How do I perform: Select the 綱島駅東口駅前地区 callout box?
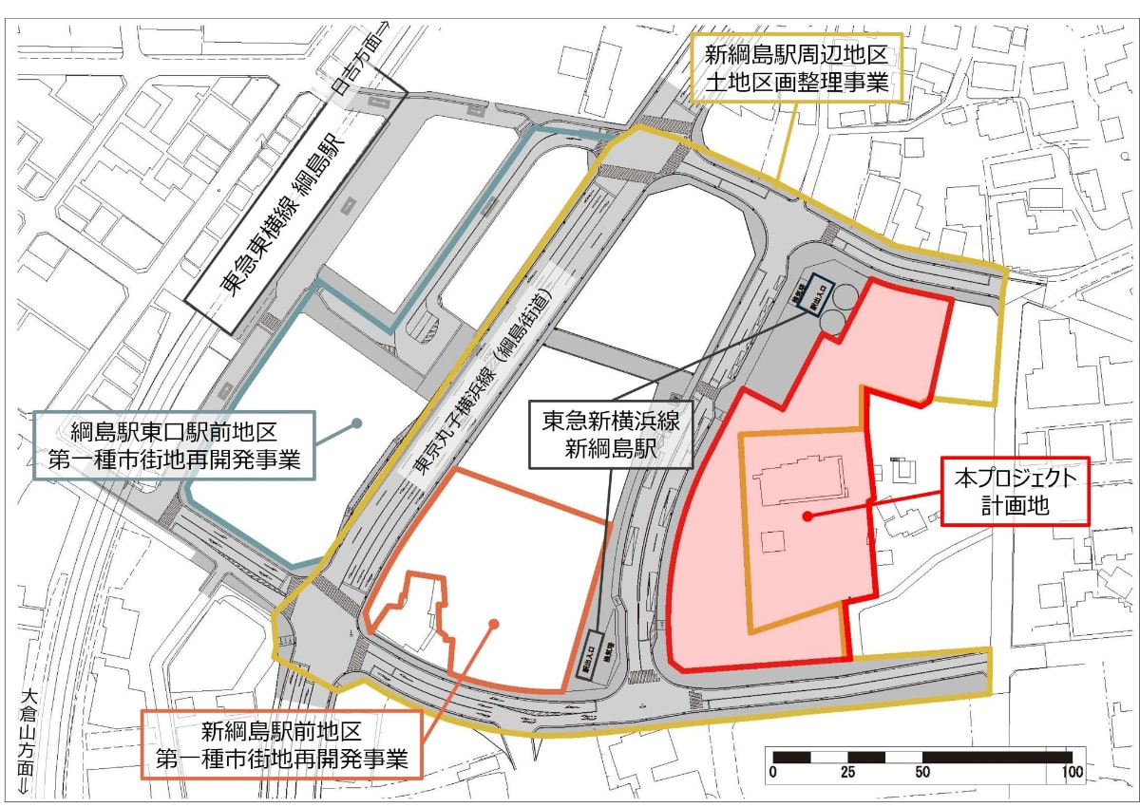(x=175, y=445)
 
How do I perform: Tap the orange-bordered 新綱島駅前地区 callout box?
(x=281, y=745)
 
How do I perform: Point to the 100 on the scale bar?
(x=1073, y=772)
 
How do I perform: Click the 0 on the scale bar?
(x=773, y=772)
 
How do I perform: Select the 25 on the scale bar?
(x=847, y=772)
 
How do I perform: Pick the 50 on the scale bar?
(x=921, y=772)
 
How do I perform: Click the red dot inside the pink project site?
(x=806, y=516)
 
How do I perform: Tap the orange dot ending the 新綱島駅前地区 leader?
(x=494, y=623)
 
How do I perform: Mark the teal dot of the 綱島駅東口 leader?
(x=357, y=423)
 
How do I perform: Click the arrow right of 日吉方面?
(x=384, y=28)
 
